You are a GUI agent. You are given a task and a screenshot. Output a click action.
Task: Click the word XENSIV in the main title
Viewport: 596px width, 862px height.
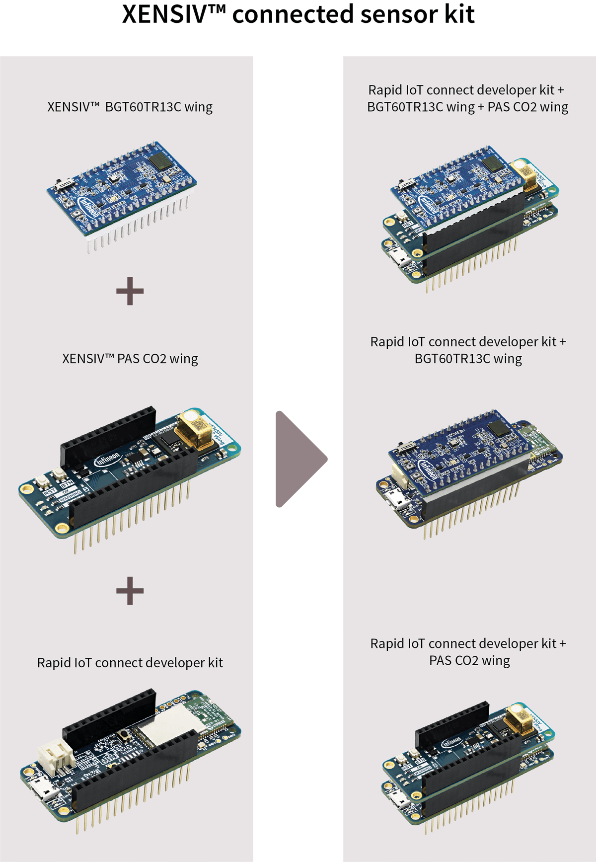(164, 14)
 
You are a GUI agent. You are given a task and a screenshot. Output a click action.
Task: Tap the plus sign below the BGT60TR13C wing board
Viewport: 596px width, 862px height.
(130, 291)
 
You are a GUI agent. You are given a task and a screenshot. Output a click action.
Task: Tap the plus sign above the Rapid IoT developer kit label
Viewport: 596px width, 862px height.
(130, 591)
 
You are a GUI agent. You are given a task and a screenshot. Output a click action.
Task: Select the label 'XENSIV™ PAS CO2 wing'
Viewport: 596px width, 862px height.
(130, 359)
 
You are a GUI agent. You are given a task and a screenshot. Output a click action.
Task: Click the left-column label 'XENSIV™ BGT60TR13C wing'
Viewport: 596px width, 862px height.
(130, 107)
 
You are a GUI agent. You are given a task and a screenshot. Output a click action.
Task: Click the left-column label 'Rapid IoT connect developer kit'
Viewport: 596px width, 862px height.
(130, 663)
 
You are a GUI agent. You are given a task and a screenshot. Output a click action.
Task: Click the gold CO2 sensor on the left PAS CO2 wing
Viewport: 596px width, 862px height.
(194, 430)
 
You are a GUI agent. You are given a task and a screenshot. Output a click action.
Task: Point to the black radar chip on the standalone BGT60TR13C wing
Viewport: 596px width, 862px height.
(160, 160)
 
